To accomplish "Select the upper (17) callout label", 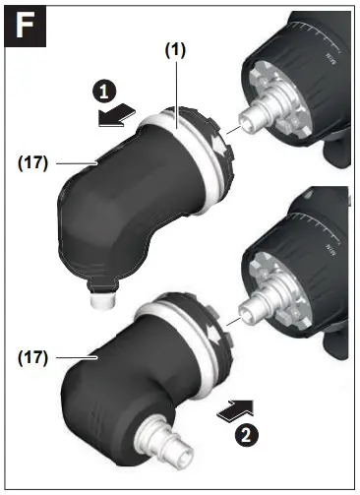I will [31, 162].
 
